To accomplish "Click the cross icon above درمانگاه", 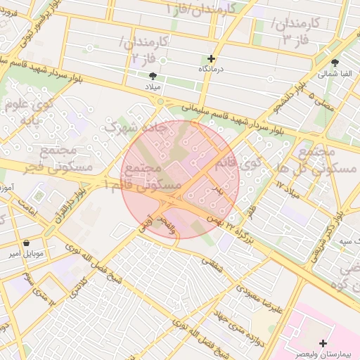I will point(211,58).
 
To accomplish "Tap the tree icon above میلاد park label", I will point(153,75).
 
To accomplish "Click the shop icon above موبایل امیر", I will point(27,243).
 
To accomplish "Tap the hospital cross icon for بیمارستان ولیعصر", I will point(323,343).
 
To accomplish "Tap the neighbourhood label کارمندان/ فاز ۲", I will point(144,49).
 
